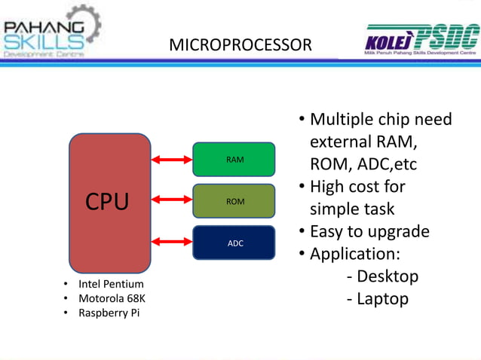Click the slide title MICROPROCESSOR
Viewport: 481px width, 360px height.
240,46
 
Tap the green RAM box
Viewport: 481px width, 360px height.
234,160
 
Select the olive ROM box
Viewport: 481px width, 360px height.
234,201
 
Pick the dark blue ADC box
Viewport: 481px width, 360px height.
234,243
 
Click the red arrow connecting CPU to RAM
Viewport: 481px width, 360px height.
172,160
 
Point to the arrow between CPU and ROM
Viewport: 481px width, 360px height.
172,201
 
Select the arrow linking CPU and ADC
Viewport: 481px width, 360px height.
172,243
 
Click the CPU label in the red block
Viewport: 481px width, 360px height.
106,202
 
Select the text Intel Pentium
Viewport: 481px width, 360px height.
111,284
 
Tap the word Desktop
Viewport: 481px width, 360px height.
387,276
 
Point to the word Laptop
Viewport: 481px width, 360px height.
382,299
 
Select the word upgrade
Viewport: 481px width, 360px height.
397,232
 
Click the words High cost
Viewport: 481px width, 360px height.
357,186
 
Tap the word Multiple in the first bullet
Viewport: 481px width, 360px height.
343,120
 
